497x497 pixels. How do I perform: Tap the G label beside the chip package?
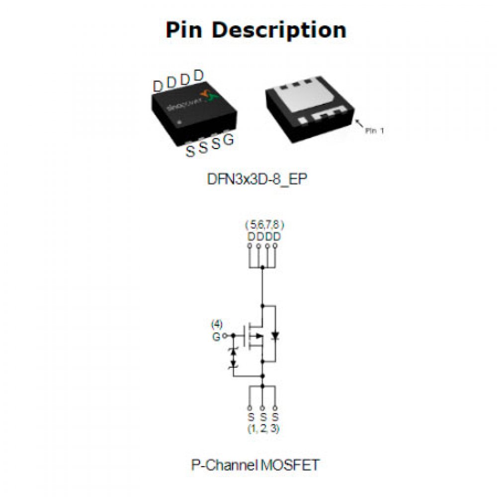229,140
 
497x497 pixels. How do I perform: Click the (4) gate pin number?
217,325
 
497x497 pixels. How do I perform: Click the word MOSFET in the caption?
290,465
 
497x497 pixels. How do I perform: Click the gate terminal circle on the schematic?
225,336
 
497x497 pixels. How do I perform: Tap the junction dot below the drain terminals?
262,267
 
